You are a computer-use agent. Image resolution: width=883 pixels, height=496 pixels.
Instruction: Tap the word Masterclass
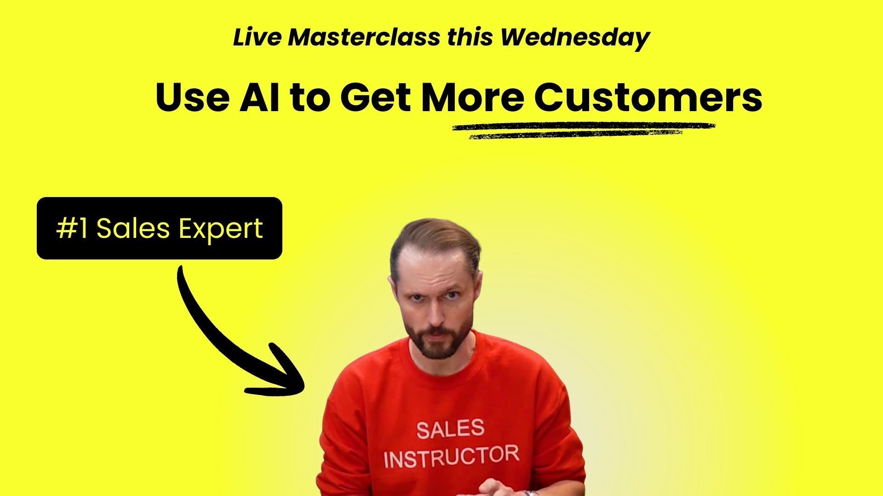tap(364, 37)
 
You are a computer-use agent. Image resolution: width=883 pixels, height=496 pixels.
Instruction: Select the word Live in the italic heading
tap(257, 37)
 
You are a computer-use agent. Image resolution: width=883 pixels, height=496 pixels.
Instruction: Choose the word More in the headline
tap(473, 97)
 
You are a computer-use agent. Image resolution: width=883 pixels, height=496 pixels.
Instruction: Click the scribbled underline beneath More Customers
tap(584, 130)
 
